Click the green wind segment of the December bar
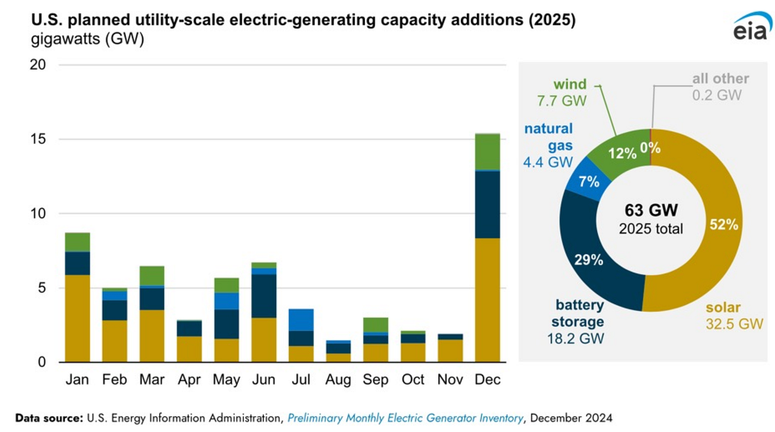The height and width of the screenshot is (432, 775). click(x=487, y=152)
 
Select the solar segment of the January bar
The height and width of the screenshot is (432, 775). click(x=77, y=318)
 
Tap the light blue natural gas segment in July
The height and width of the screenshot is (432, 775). click(x=301, y=320)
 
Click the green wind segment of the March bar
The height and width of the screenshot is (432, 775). click(x=152, y=276)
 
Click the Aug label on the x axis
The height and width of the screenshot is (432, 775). click(x=338, y=380)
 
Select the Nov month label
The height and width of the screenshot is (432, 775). click(x=450, y=380)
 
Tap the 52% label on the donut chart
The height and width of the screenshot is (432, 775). click(x=724, y=224)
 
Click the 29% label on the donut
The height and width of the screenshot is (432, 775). click(x=589, y=260)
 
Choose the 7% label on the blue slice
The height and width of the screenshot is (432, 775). click(x=589, y=182)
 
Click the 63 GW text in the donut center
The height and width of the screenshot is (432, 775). click(x=651, y=211)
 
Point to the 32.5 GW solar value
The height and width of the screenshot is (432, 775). click(x=734, y=324)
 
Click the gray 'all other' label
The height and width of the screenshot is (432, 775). click(x=720, y=79)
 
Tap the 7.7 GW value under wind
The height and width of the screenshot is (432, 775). click(x=562, y=100)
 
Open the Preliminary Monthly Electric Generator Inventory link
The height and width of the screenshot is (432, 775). click(x=405, y=418)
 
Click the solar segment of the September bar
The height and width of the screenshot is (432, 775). click(x=376, y=353)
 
